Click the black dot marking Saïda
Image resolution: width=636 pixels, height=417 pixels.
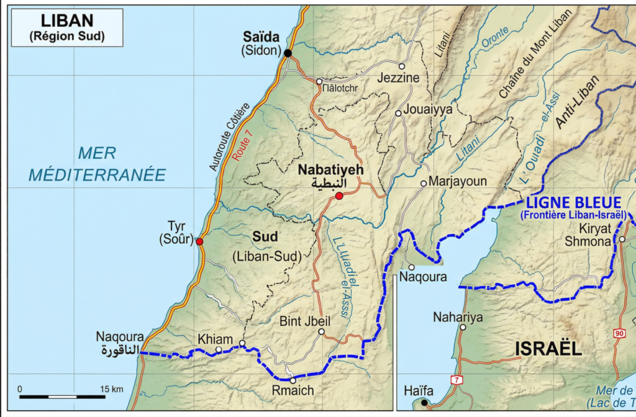288,53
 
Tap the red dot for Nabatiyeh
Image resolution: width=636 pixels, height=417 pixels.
338,196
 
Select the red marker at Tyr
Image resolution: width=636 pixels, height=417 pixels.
199,241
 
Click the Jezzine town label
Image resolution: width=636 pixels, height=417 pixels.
398,78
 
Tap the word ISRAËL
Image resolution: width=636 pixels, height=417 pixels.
548,349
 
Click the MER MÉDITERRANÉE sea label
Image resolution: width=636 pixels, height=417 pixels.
98,164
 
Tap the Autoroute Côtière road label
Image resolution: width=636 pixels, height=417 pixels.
230,137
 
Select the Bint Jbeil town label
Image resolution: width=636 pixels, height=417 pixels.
305,321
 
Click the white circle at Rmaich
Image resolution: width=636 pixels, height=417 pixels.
293,380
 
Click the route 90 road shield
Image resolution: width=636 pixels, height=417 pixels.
619,334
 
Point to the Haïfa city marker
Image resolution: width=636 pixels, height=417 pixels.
424,403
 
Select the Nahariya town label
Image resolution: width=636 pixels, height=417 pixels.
458,317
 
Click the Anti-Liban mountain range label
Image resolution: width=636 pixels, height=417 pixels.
577,102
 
